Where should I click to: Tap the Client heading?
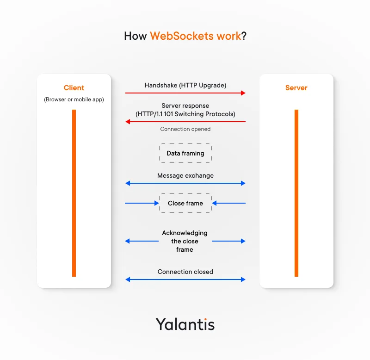coord(74,88)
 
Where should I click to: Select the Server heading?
coord(296,88)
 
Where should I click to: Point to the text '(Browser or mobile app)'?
coord(74,99)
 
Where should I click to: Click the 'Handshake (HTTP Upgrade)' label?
coord(185,85)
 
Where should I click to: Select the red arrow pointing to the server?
coord(185,93)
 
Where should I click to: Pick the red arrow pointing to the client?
coord(185,122)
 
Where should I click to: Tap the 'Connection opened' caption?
coord(185,129)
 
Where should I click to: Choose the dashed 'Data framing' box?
coord(185,153)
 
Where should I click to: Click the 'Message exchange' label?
coord(185,176)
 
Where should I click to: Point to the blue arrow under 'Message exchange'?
coord(185,184)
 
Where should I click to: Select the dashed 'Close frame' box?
coord(185,203)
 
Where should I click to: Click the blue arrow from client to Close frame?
coord(142,203)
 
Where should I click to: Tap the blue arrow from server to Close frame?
coord(229,203)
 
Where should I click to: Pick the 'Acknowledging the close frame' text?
coord(185,241)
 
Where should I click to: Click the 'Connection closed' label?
coord(185,272)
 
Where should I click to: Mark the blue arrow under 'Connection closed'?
coord(185,279)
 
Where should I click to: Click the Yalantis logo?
coord(185,324)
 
